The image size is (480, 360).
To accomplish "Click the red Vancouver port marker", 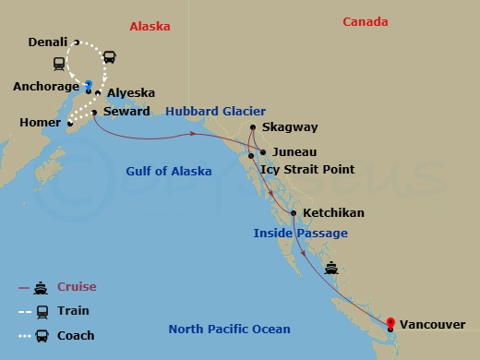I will point(390,322).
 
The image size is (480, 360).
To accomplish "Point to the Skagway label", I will point(288,128).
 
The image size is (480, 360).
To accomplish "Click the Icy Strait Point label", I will point(306,170).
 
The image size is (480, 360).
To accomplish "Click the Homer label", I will point(39,123).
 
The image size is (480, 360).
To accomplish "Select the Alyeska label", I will point(130,93).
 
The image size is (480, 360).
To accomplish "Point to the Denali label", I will point(47,42).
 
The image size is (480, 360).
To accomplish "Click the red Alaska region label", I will point(150,26).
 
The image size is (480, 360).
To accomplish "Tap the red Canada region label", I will point(365,22).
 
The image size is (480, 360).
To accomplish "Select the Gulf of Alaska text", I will point(168,172).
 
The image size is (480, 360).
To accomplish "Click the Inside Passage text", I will point(300,234).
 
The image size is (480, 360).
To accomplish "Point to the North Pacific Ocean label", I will point(230,330).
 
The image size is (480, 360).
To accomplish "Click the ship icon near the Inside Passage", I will point(332,269).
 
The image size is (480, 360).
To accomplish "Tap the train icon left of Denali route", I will point(60,64).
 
